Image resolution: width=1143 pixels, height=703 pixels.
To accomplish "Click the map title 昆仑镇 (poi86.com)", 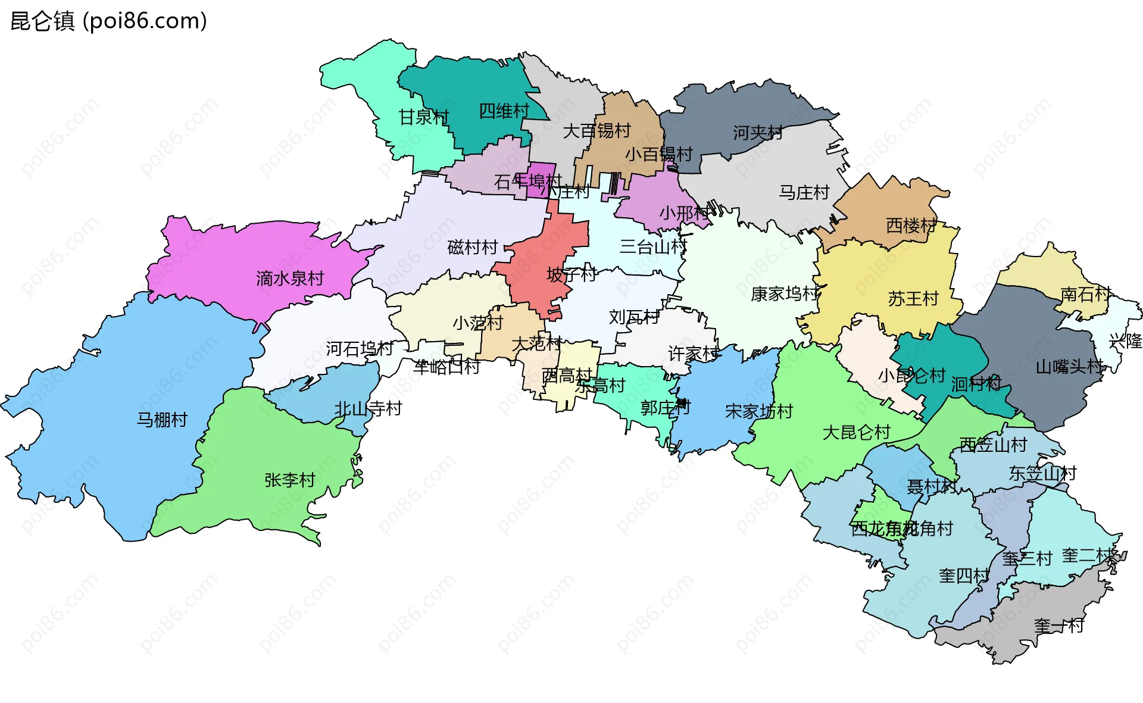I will pyautogui.click(x=109, y=21).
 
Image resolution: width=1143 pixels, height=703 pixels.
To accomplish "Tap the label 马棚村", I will pyautogui.click(x=162, y=420).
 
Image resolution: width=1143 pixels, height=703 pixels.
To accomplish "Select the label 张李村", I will pyautogui.click(x=289, y=480).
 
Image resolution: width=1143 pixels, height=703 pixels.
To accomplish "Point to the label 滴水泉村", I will pyautogui.click(x=289, y=278).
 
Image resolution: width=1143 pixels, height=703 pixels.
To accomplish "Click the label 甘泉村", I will pyautogui.click(x=423, y=117).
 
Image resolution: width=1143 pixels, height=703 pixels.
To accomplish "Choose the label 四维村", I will pyautogui.click(x=504, y=111).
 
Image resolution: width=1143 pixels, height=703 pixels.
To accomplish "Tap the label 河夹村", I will pyautogui.click(x=757, y=132).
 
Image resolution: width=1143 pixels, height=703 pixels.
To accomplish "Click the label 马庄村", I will pyautogui.click(x=804, y=192).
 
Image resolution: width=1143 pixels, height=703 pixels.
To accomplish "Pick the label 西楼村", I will pyautogui.click(x=910, y=226).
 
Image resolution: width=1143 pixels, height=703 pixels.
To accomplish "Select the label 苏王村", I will pyautogui.click(x=913, y=298).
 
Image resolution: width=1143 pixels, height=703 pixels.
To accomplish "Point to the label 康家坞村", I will pyautogui.click(x=784, y=293).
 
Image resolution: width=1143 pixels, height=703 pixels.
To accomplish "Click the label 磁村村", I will pyautogui.click(x=472, y=247).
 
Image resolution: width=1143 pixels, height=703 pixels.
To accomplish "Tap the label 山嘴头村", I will pyautogui.click(x=1069, y=366).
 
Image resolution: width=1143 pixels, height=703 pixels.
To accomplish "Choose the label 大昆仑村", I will pyautogui.click(x=855, y=432).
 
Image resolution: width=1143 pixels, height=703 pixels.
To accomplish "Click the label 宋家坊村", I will pyautogui.click(x=758, y=411).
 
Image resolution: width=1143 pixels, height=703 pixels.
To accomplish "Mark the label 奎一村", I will pyautogui.click(x=1058, y=626).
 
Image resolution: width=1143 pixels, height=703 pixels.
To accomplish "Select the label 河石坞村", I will pyautogui.click(x=359, y=348).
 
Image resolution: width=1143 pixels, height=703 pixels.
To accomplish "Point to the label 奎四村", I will pyautogui.click(x=963, y=576).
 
